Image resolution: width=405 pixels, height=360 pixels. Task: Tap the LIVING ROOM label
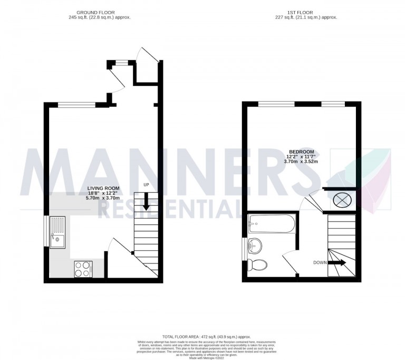(103, 188)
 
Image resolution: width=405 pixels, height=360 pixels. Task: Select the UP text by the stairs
(148, 185)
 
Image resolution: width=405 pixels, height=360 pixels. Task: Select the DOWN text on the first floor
(320, 262)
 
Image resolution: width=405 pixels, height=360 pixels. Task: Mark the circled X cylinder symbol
(342, 200)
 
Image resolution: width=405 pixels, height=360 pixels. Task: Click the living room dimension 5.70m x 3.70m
(103, 198)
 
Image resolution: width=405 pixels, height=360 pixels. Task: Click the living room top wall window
(76, 105)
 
